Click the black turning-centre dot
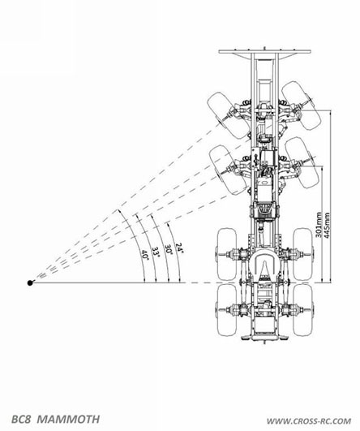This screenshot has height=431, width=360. pyautogui.click(x=30, y=282)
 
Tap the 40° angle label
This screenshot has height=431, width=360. pyautogui.click(x=144, y=255)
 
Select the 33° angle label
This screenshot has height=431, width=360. pyautogui.click(x=156, y=252)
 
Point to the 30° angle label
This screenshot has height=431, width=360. pyautogui.click(x=168, y=249)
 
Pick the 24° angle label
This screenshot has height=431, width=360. pyautogui.click(x=179, y=248)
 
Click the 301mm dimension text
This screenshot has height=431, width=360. pyautogui.click(x=319, y=225)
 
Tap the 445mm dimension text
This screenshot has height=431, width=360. pyautogui.click(x=327, y=225)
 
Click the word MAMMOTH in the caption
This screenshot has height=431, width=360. pyautogui.click(x=68, y=419)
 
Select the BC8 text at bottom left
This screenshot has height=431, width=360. pyautogui.click(x=22, y=419)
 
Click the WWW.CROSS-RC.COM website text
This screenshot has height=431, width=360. pyautogui.click(x=309, y=421)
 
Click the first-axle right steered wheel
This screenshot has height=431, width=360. pyautogui.click(x=302, y=106)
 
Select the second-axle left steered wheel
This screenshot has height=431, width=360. pyautogui.click(x=228, y=170)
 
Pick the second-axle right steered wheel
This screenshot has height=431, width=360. pyautogui.click(x=302, y=162)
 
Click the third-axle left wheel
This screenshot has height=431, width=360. pyautogui.click(x=227, y=254)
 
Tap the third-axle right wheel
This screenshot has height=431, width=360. pyautogui.click(x=303, y=254)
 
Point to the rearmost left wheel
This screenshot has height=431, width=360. pyautogui.click(x=227, y=310)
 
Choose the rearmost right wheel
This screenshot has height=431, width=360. pyautogui.click(x=303, y=310)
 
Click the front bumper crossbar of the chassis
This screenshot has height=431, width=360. pyautogui.click(x=264, y=51)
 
